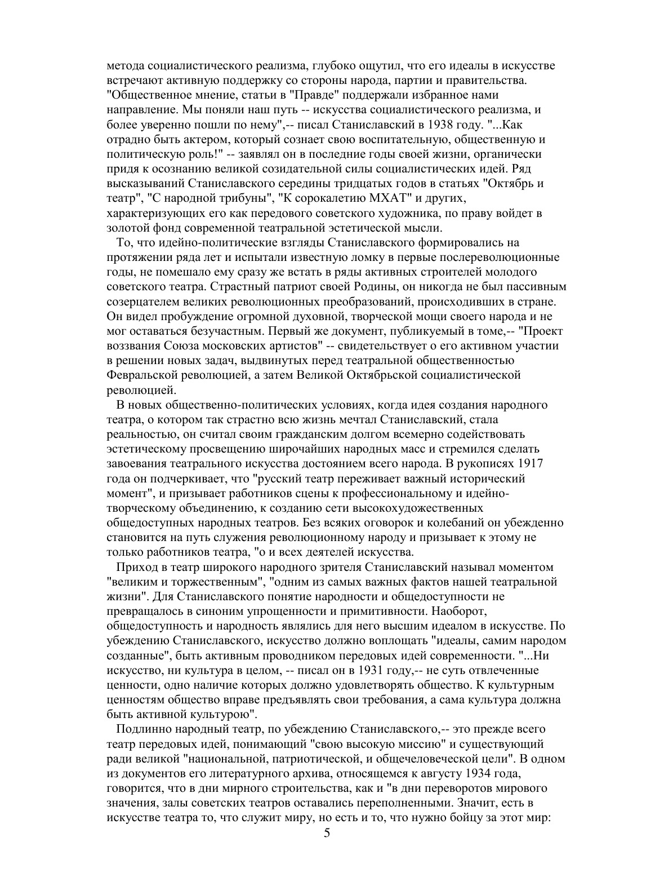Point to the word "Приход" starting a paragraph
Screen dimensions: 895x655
136,567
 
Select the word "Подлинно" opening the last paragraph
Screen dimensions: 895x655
141,729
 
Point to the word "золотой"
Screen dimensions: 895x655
126,228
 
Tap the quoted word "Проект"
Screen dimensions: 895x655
543,331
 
